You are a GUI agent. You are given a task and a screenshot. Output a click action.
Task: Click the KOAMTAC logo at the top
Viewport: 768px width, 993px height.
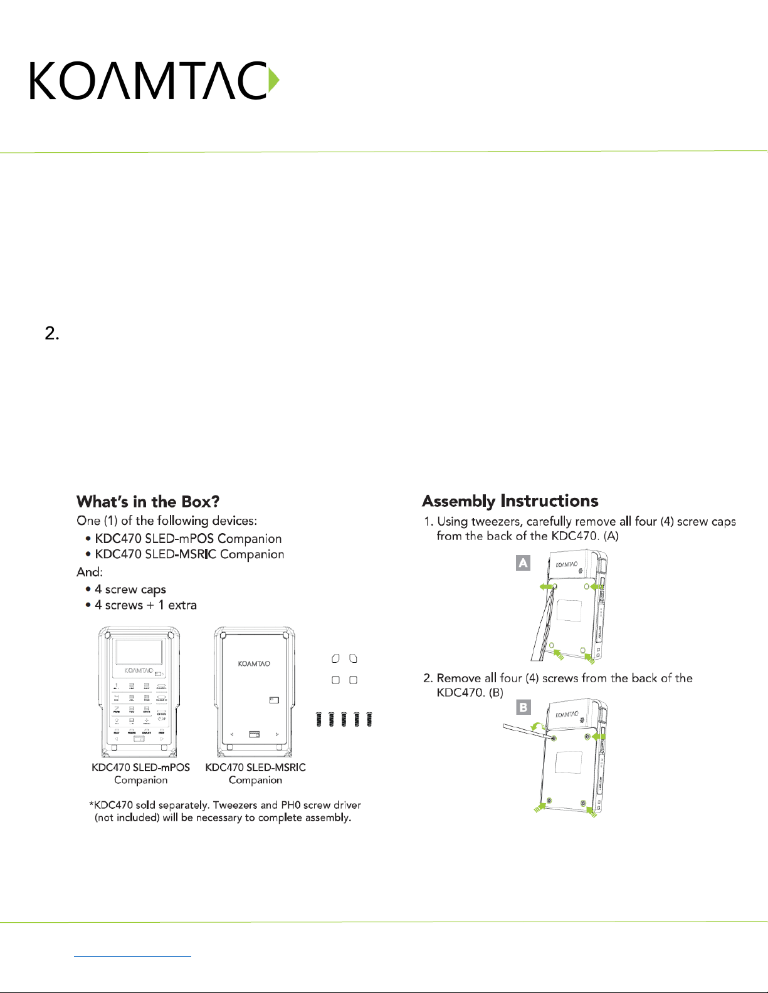(154, 80)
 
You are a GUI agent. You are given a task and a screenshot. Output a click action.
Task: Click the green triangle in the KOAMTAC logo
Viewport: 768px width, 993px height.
(273, 80)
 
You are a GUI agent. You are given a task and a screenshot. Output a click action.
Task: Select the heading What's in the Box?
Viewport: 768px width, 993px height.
(148, 502)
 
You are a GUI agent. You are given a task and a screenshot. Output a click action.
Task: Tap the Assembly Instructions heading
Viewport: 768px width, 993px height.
(510, 501)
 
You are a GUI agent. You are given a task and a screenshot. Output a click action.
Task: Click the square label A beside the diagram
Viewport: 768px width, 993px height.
(523, 563)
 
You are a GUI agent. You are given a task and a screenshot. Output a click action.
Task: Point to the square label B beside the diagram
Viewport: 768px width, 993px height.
(523, 707)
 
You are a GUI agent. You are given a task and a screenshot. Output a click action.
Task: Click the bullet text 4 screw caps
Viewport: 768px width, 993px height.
(130, 590)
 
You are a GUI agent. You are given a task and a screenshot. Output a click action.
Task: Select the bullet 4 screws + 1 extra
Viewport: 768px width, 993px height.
(145, 605)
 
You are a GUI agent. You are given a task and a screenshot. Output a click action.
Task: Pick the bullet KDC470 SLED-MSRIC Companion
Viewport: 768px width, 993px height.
(189, 554)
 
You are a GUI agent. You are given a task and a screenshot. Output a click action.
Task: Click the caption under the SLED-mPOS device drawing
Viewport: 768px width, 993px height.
(140, 774)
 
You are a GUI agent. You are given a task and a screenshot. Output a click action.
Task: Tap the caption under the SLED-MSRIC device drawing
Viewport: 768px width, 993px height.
(255, 774)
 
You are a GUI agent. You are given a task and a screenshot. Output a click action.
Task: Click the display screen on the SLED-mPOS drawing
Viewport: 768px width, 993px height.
(140, 652)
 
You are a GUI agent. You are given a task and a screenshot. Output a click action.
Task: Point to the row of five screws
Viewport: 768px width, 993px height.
(344, 719)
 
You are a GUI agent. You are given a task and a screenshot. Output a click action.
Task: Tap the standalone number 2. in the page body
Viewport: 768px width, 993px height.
(52, 333)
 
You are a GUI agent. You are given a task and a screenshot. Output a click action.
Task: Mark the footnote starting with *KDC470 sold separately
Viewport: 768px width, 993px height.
(224, 811)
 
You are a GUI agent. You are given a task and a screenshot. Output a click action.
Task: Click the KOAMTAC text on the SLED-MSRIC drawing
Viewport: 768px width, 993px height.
(254, 663)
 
